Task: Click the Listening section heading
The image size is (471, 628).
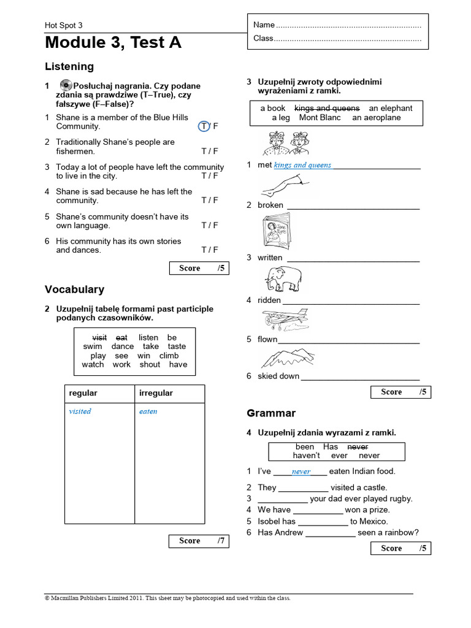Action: click(69, 66)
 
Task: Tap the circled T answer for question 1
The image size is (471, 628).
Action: click(204, 126)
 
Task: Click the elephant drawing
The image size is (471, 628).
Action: click(283, 278)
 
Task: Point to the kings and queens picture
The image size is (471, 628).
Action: click(285, 144)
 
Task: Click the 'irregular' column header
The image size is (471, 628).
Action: click(156, 393)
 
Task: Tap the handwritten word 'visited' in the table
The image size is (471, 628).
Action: click(80, 412)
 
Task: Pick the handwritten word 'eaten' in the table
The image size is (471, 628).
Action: click(148, 412)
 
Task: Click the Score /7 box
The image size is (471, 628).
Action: click(199, 541)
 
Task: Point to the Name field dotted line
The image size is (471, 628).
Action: click(348, 25)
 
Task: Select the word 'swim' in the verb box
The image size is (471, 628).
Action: click(93, 347)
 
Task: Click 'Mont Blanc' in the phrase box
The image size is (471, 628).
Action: click(320, 117)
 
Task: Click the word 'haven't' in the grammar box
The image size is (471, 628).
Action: click(306, 456)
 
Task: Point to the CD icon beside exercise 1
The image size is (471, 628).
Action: click(66, 85)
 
